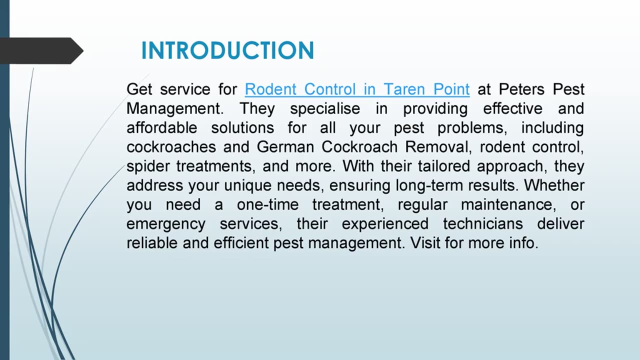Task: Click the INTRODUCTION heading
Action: [227, 51]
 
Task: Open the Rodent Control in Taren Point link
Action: [357, 89]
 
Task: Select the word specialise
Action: [325, 108]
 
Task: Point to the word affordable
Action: [161, 127]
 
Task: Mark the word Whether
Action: [554, 185]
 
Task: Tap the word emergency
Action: [165, 224]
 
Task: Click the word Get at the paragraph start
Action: [139, 89]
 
